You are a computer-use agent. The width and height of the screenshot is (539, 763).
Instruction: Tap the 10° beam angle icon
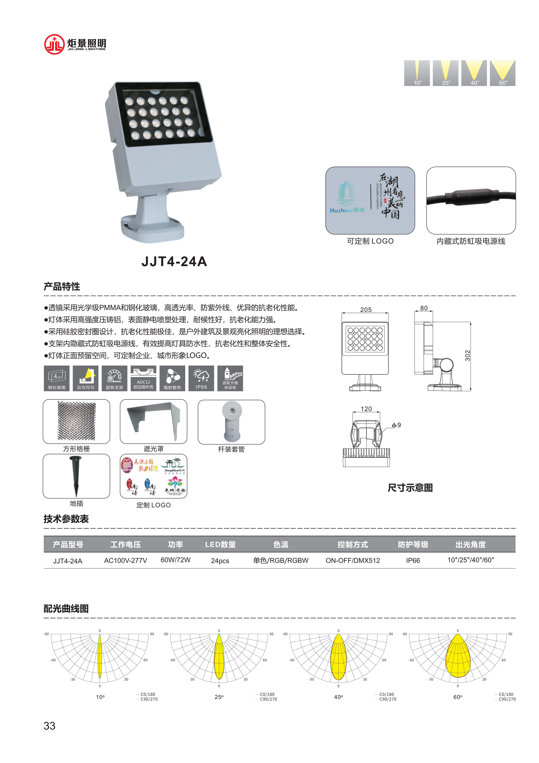[x=417, y=73]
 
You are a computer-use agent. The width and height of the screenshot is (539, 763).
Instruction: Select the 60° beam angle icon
[x=502, y=73]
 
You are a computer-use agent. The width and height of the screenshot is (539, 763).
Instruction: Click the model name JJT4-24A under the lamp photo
[x=174, y=262]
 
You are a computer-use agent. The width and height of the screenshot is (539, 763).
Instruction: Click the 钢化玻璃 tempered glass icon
[x=56, y=378]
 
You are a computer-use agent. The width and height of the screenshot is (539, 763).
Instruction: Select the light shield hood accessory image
[x=153, y=421]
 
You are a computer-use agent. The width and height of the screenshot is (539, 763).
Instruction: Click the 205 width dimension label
[x=366, y=310]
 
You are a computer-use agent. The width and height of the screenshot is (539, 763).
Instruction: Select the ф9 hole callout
[x=396, y=425]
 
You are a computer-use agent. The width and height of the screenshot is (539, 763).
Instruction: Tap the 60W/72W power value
[x=175, y=560]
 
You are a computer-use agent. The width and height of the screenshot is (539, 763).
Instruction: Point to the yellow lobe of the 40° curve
[x=338, y=658]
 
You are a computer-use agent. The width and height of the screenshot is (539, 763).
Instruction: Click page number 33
[x=49, y=726]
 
